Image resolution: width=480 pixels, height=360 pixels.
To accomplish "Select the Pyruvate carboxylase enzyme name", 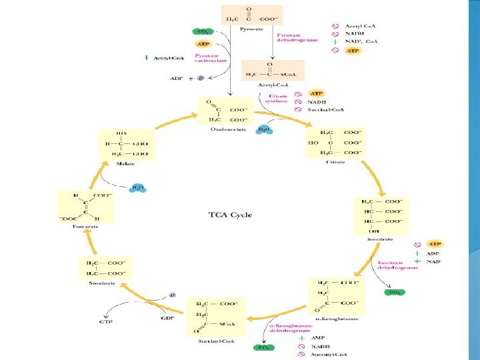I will [x=208, y=59].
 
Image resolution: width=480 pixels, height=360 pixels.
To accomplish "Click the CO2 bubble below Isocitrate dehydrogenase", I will [x=395, y=291].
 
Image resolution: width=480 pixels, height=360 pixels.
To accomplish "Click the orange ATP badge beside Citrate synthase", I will [x=317, y=93].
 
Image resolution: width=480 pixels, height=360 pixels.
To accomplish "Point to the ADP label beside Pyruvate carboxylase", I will [x=177, y=77].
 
